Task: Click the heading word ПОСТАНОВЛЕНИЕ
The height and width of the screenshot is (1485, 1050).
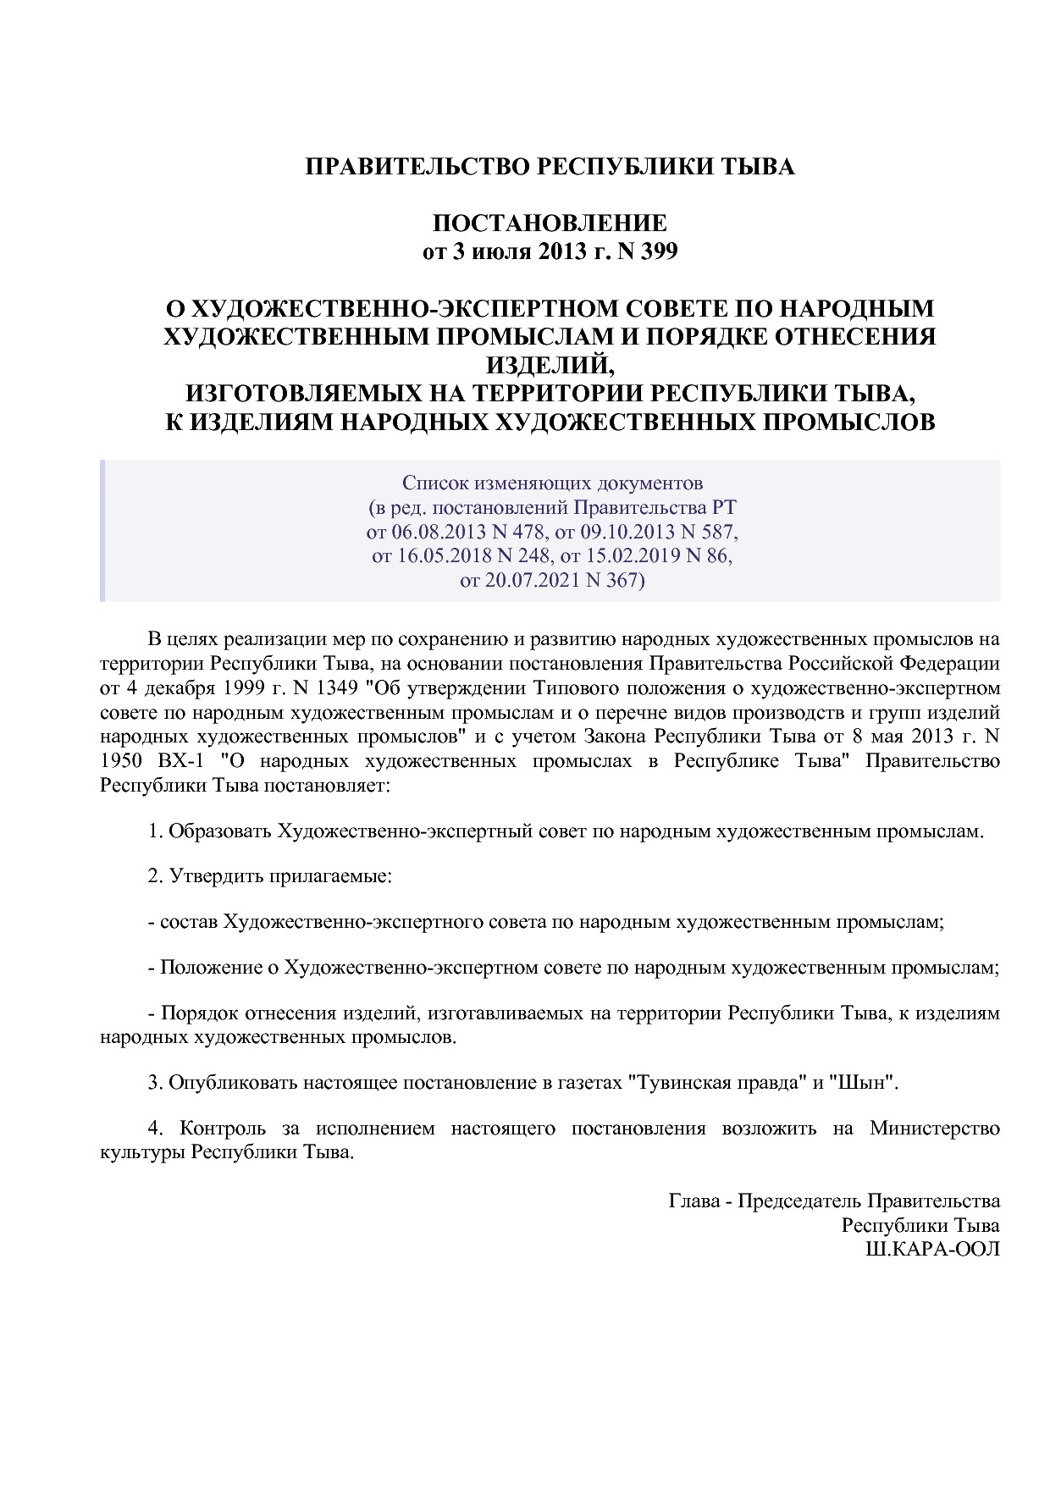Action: tap(550, 224)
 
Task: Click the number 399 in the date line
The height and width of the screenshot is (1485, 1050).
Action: tap(659, 252)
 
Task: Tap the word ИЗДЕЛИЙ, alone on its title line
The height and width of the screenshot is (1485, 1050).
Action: tap(550, 365)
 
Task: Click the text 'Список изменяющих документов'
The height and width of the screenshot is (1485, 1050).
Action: tap(552, 483)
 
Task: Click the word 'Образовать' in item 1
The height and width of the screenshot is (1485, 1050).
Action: tap(220, 831)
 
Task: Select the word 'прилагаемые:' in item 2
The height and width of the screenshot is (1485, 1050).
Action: tap(330, 876)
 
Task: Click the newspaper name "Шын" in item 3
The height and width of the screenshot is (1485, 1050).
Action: tap(860, 1083)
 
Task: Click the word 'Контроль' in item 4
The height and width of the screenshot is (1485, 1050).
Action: tap(223, 1129)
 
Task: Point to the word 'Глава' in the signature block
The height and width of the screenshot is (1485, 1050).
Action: tap(694, 1201)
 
